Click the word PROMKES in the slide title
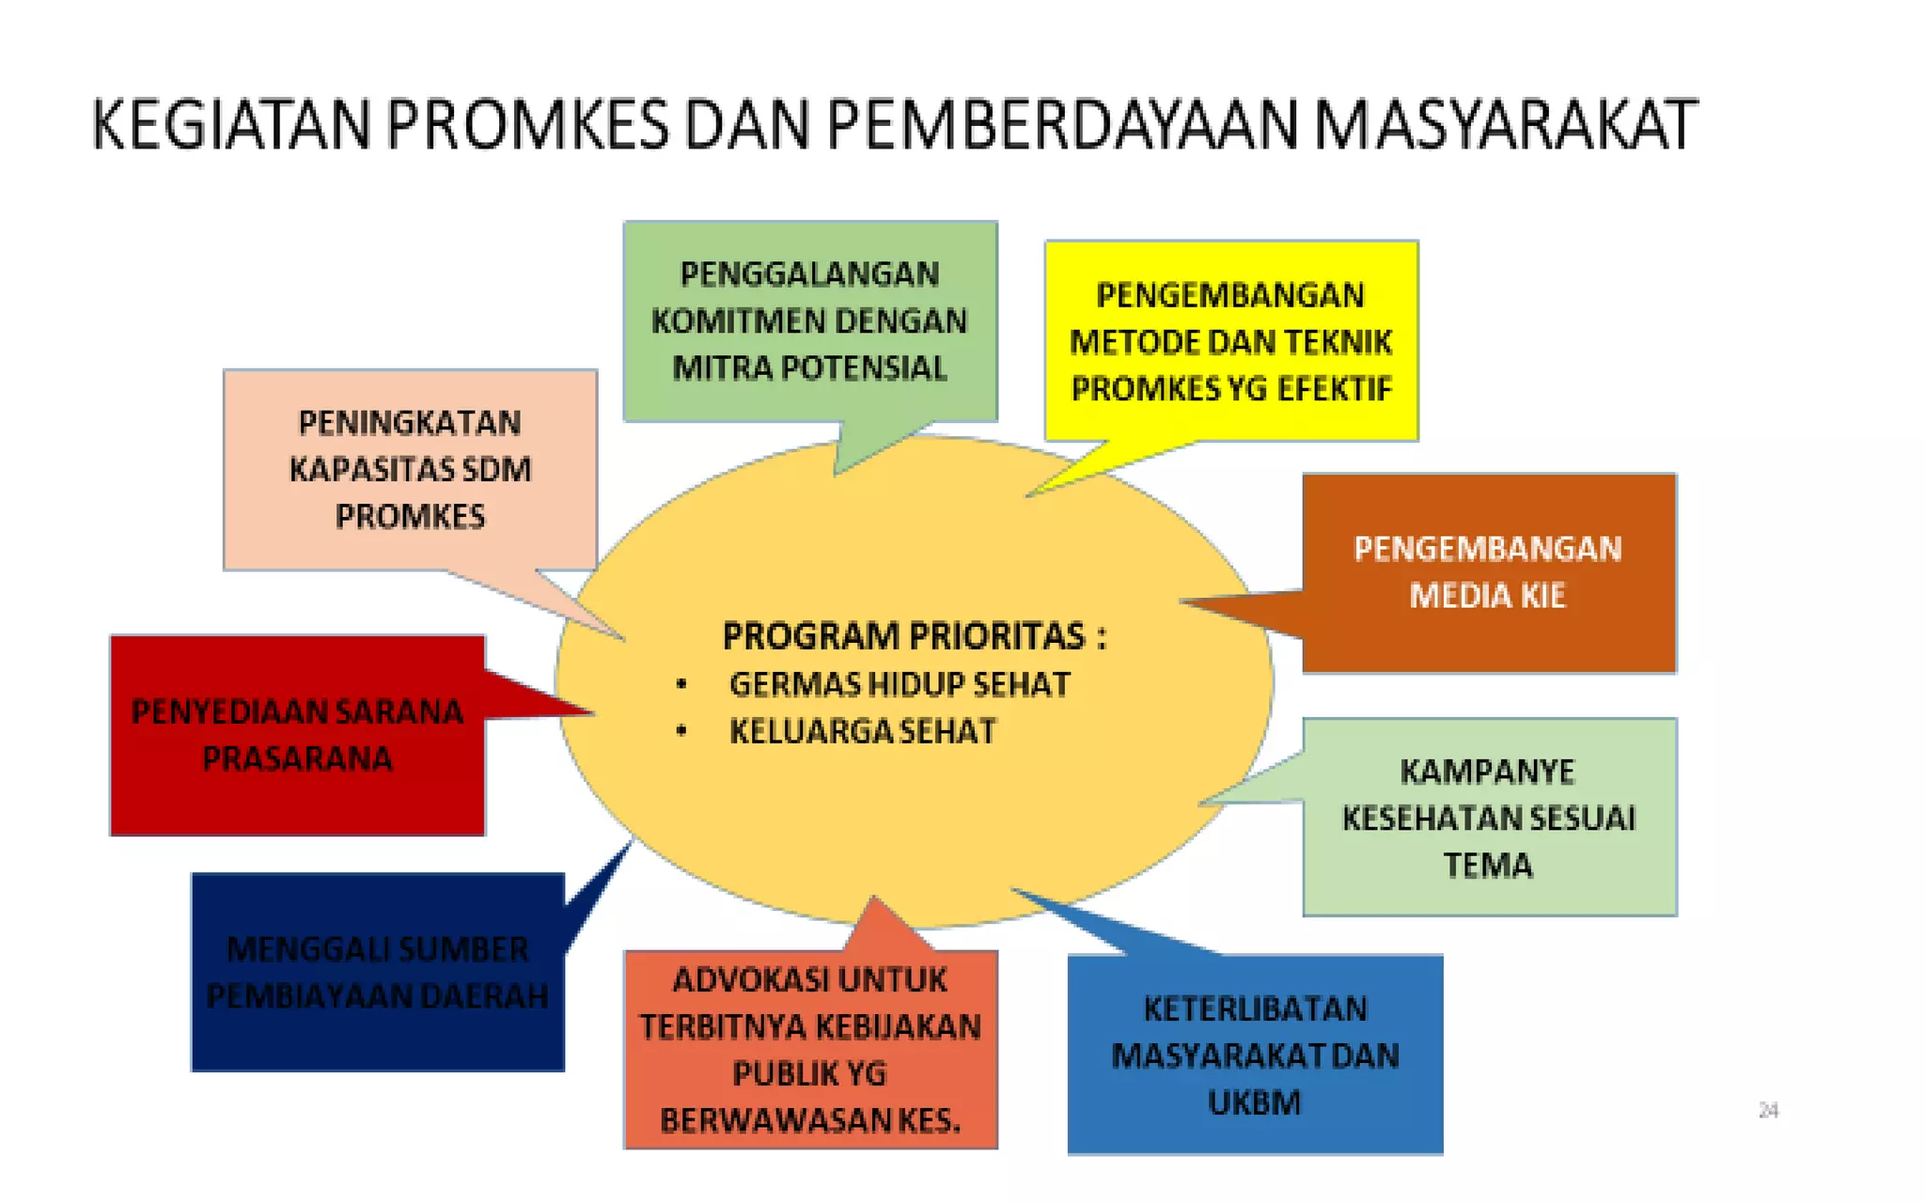pos(527,125)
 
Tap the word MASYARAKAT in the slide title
pos(1505,125)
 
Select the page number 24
pos(1768,1111)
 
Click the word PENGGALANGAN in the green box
pos(809,274)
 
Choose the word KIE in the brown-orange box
pos(1542,596)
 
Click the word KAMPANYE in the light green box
pos(1488,773)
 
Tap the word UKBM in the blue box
pos(1255,1103)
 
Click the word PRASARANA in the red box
pos(297,759)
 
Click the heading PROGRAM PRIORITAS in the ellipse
pos(902,637)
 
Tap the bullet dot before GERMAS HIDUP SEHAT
pos(681,685)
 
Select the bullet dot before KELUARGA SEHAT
pos(681,731)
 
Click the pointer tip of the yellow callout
pos(1028,494)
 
